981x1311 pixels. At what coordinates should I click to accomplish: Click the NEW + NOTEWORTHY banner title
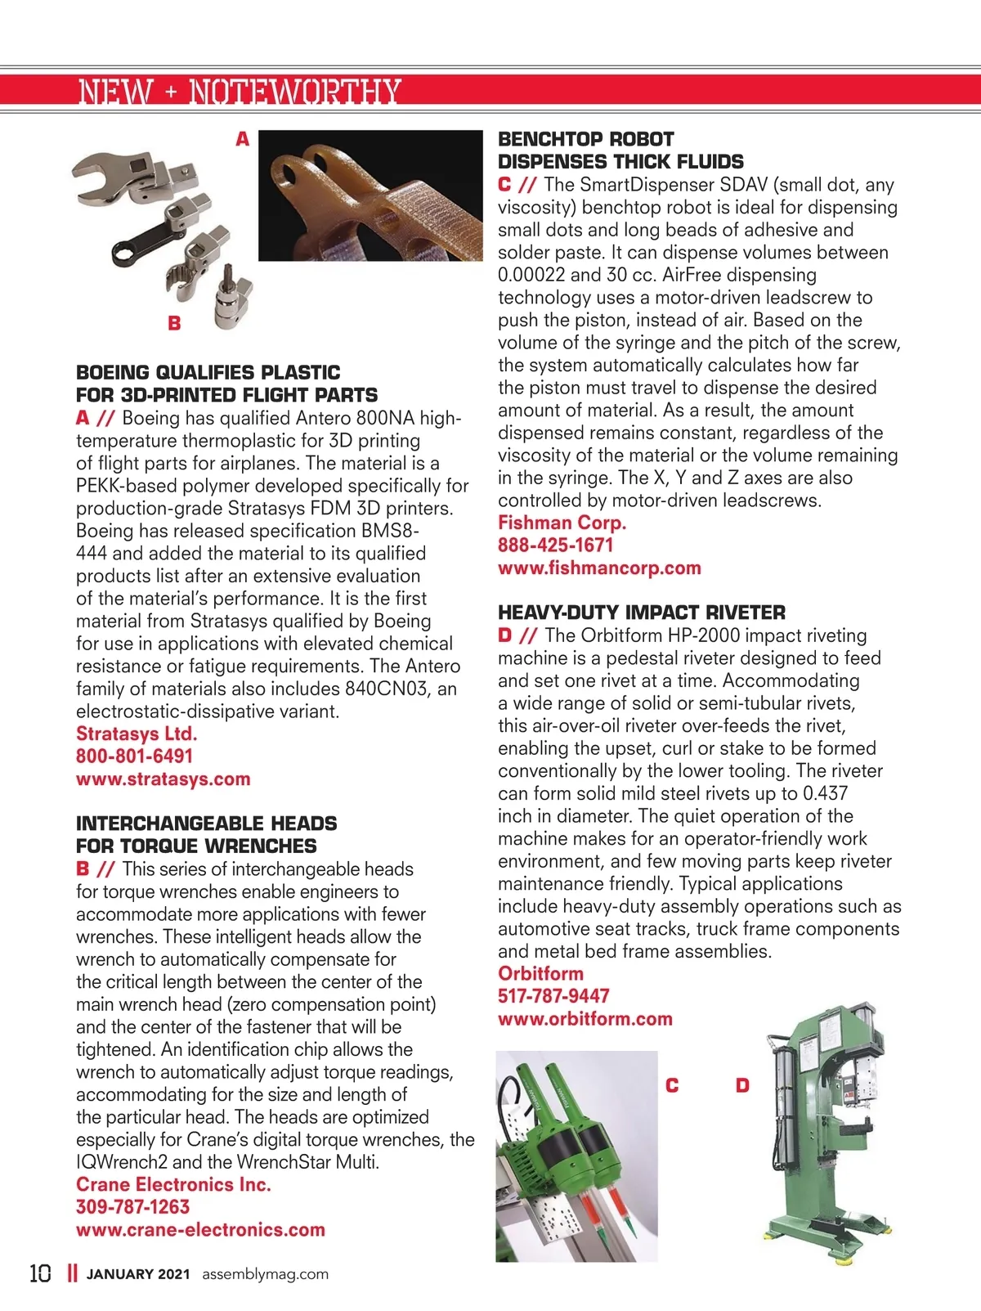coord(240,92)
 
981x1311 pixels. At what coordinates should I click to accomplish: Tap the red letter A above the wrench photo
coord(242,140)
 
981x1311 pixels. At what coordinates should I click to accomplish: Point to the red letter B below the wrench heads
coord(174,323)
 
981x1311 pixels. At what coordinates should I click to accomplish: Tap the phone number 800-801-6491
coord(134,757)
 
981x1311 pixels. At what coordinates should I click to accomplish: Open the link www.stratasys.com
coord(163,779)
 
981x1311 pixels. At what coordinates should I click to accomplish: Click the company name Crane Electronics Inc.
coord(173,1184)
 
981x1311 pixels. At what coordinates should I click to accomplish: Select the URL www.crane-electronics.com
coord(200,1229)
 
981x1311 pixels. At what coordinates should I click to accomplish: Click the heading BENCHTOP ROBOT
coord(586,139)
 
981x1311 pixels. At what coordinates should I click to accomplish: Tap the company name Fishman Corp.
coord(562,523)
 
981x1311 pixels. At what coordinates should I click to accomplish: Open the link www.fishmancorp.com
coord(599,568)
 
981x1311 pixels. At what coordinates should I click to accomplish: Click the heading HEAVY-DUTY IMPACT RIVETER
coord(642,613)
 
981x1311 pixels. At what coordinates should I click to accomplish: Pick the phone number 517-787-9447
coord(553,996)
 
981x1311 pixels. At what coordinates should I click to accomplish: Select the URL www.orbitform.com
coord(585,1019)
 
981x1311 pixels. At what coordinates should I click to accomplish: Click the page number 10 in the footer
coord(40,1273)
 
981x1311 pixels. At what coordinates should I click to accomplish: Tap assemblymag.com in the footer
coord(265,1274)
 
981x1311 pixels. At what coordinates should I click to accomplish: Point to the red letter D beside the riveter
coord(742,1085)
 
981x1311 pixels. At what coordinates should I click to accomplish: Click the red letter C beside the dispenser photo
coord(672,1085)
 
